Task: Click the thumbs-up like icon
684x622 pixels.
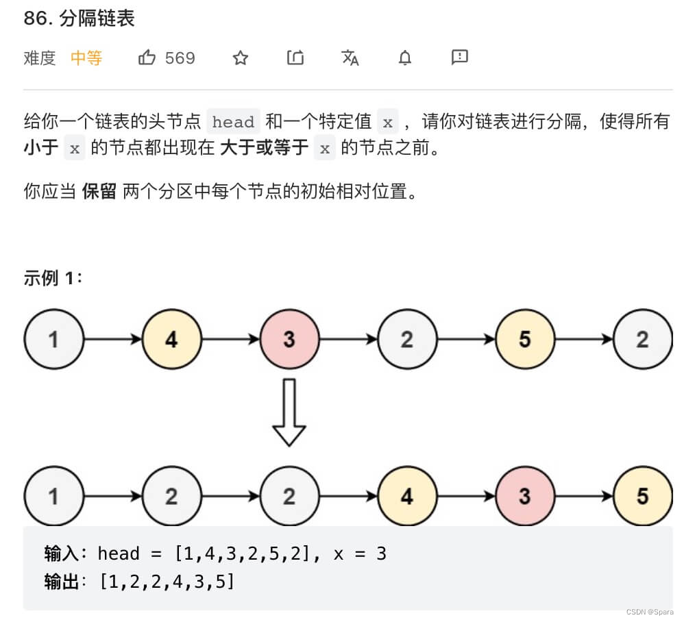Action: tap(147, 58)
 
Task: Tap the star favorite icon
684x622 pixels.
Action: tap(240, 58)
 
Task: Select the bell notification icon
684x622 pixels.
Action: tap(405, 58)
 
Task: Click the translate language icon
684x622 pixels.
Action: tap(350, 58)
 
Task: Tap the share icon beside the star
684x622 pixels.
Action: tap(295, 58)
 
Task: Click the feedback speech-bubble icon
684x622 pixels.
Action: tap(459, 57)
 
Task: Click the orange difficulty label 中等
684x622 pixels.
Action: tap(86, 58)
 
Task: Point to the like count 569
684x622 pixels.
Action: tap(180, 58)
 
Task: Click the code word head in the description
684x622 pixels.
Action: tap(233, 122)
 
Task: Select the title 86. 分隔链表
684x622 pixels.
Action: tap(79, 18)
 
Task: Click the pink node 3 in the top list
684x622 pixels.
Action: tap(289, 339)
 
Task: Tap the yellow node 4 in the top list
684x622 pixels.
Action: tap(171, 339)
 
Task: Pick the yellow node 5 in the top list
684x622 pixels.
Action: tap(524, 339)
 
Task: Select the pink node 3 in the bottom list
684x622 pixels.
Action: tap(524, 496)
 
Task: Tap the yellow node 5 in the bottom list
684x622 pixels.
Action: tap(642, 496)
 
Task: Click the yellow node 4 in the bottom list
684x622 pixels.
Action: tap(407, 496)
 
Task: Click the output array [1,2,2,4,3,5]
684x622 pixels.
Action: tap(167, 582)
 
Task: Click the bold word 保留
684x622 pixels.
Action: tap(99, 191)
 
